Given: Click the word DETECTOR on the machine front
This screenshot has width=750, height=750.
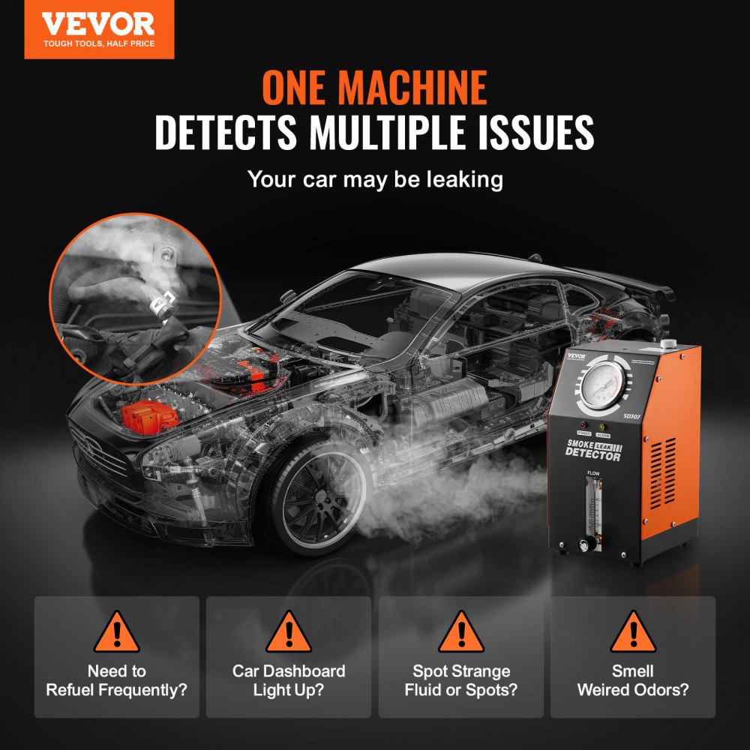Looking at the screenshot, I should point(592,454).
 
